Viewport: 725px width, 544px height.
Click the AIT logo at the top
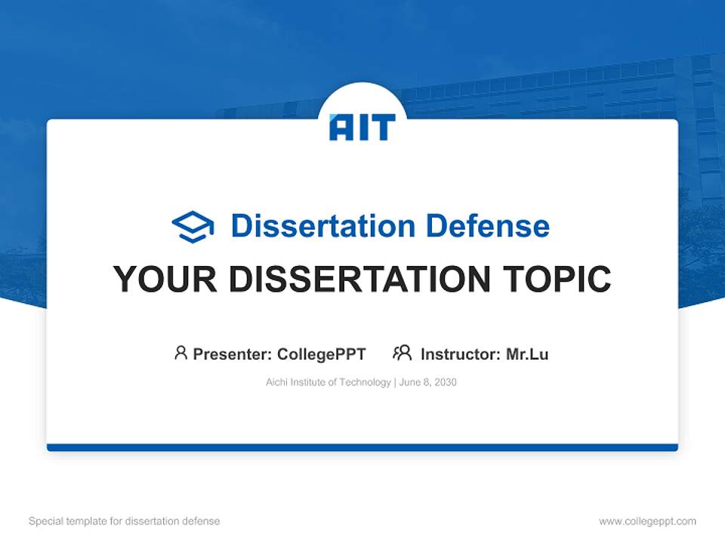(x=362, y=127)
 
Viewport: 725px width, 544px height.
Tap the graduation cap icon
(x=193, y=226)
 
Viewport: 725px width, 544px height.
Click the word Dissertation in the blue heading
(x=323, y=226)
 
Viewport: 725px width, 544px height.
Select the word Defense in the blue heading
(x=488, y=226)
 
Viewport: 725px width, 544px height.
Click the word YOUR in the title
(x=165, y=279)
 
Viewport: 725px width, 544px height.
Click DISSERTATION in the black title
(x=359, y=279)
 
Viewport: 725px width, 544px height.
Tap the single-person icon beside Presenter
(x=180, y=353)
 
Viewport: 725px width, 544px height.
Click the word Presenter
(x=232, y=354)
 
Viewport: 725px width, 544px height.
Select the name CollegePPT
(x=322, y=354)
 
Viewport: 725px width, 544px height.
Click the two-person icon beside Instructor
(x=403, y=353)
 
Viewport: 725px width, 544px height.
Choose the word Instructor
(x=461, y=354)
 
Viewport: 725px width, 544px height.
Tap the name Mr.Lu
(x=527, y=354)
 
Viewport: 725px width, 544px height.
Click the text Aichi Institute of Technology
(x=329, y=382)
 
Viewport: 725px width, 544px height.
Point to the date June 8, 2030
(x=427, y=382)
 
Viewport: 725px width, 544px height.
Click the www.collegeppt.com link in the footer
(x=647, y=521)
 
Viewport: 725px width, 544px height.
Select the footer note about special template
(x=124, y=521)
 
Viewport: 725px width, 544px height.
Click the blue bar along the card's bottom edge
(x=362, y=447)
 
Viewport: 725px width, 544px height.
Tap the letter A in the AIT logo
(x=343, y=127)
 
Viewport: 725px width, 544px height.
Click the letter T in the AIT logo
(x=384, y=127)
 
